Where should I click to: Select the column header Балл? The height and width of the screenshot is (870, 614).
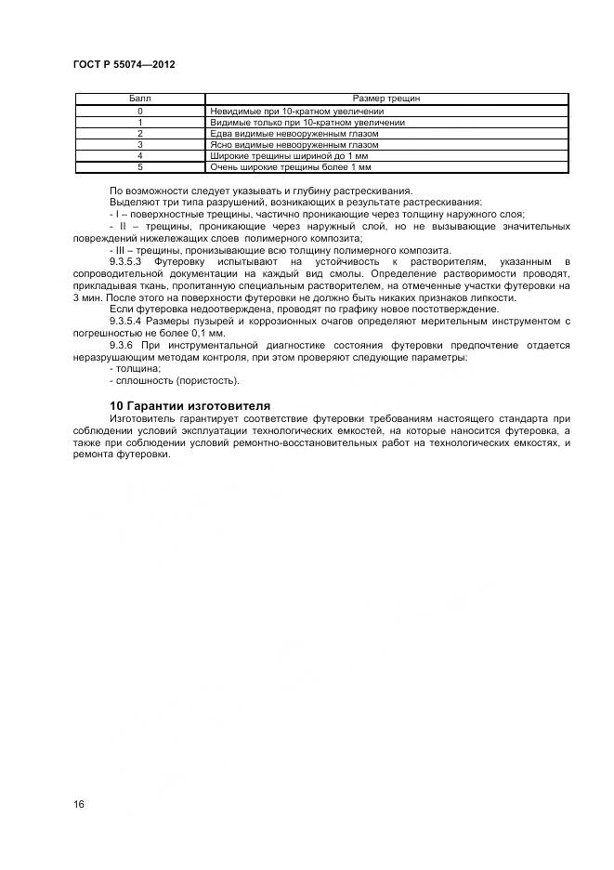(x=139, y=99)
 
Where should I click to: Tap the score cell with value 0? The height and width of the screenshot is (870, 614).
(x=139, y=112)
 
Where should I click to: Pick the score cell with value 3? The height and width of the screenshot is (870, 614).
(x=139, y=145)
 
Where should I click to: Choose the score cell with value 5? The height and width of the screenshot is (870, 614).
(x=139, y=167)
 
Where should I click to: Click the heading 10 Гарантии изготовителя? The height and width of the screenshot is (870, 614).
(x=189, y=406)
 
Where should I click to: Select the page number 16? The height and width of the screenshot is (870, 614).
(x=79, y=804)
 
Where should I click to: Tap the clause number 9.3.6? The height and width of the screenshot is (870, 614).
(x=125, y=345)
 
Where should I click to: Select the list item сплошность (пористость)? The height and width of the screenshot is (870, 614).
(x=163, y=380)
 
